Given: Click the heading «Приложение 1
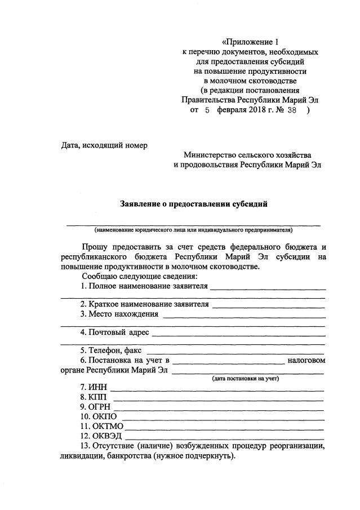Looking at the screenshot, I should (x=251, y=42).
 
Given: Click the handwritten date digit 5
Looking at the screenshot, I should (x=207, y=111).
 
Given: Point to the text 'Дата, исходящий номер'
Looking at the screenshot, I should (x=104, y=145).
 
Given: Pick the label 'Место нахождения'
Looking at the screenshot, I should (x=119, y=314).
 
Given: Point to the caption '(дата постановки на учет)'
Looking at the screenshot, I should (x=245, y=378).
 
